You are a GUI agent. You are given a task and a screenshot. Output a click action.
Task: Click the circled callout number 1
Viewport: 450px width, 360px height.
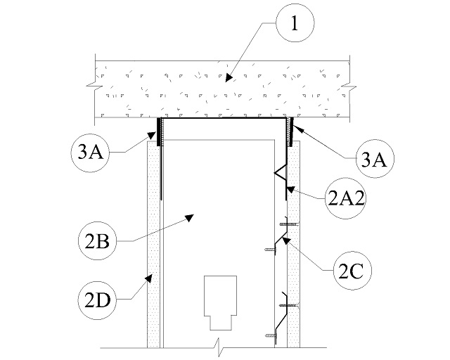(294, 25)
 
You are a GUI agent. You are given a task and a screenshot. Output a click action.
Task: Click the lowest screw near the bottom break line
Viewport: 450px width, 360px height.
(270, 336)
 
